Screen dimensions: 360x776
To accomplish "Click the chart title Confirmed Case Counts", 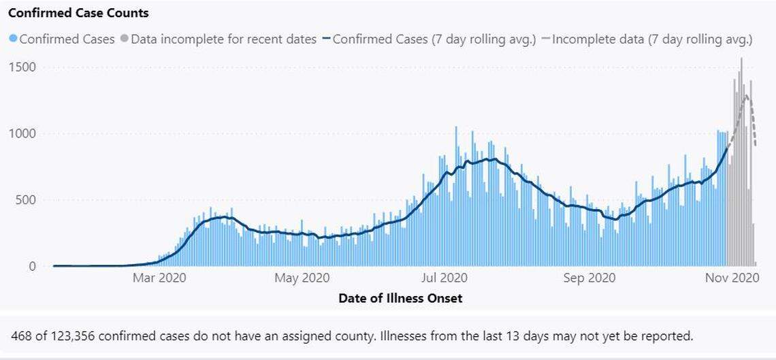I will click(78, 13).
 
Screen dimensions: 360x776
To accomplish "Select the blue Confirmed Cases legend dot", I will click(13, 39).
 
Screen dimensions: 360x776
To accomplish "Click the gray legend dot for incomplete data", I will click(124, 39).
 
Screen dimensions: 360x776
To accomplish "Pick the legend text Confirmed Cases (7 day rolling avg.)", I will click(436, 39).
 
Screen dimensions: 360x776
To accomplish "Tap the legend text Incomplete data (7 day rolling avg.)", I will click(652, 39).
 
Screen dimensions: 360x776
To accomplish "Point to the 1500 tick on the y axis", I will click(23, 67).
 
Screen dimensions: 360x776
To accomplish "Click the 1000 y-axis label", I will click(23, 133).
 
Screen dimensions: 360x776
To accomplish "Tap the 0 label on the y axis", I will click(32, 266).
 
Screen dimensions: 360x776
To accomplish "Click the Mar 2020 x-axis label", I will click(159, 278).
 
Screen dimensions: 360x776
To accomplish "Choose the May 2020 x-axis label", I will click(302, 278).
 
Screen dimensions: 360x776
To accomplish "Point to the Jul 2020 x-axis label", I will click(444, 278).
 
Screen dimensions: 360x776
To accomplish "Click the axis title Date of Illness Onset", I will click(400, 298).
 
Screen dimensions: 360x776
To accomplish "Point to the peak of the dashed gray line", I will click(747, 96).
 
